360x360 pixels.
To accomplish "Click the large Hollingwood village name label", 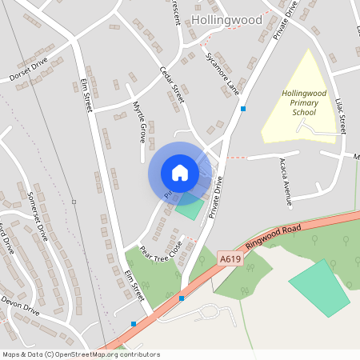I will tap(226, 18).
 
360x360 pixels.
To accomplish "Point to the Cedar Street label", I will tap(171, 84).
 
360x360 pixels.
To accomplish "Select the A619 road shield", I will tap(230, 258).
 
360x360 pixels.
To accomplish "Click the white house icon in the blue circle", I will tap(179, 173).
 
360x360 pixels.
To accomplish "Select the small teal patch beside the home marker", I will tap(190, 206).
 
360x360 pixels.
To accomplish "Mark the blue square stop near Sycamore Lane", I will tap(242, 108).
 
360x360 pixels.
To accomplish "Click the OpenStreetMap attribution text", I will tap(81, 354).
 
